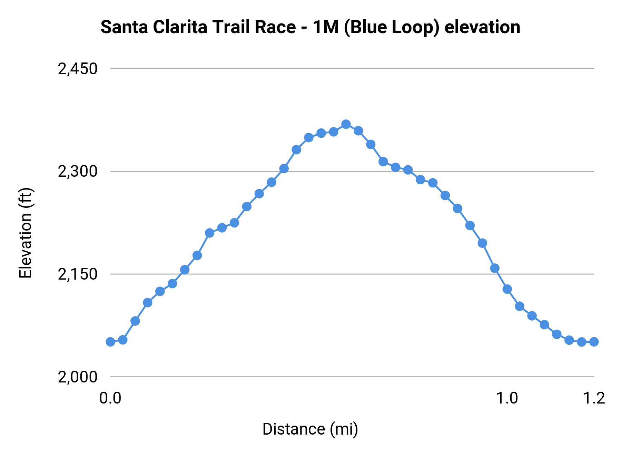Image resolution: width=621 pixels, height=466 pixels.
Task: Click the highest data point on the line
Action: click(346, 124)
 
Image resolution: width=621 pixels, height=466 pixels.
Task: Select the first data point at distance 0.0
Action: click(110, 342)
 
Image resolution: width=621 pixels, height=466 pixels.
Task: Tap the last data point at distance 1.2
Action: click(594, 342)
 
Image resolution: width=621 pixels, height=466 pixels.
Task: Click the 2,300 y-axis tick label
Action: click(78, 172)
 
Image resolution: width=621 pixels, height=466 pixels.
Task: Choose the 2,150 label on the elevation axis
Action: click(78, 274)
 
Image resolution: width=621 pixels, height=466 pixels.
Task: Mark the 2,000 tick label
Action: click(78, 377)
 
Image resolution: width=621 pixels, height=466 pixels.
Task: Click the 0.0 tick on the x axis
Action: click(110, 398)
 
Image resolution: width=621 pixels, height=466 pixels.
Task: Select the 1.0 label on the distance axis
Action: click(507, 398)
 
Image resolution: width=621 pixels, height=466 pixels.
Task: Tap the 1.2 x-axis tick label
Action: click(594, 398)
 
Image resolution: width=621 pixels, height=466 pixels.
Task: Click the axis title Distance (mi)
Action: click(310, 429)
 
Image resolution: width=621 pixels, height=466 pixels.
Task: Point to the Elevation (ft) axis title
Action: click(26, 233)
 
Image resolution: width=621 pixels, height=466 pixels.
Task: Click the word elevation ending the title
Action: click(482, 27)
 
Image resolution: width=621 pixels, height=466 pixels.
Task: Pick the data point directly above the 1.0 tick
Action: click(507, 289)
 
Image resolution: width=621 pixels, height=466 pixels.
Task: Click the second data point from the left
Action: click(123, 340)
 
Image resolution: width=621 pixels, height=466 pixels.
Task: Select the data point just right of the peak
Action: click(358, 131)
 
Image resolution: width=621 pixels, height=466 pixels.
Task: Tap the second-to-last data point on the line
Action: click(582, 342)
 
